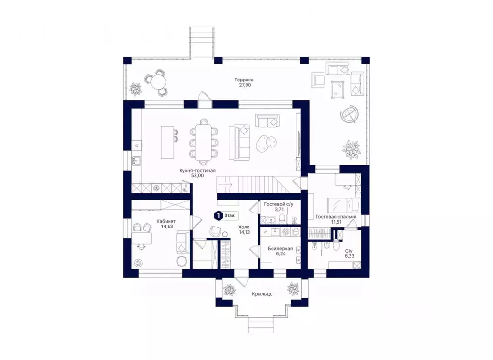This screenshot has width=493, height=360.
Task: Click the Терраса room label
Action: coord(244,80)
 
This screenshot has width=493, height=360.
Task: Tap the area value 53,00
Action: coord(197,176)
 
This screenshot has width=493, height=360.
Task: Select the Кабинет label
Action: coord(166,221)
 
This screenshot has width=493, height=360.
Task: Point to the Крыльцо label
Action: coord(262,294)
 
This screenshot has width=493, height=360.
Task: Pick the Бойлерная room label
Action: coord(280,249)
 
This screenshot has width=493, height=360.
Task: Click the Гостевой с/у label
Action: coord(279,204)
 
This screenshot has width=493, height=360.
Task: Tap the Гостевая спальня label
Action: coord(336,217)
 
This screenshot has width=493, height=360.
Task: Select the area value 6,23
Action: coord(350,256)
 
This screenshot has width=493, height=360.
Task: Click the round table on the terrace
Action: coord(158,83)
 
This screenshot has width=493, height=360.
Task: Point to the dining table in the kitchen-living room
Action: coord(204,140)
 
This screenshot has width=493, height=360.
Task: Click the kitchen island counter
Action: coord(167,142)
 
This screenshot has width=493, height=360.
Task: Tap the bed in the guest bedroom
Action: coord(343,205)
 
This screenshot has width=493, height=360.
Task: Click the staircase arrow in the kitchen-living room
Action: coord(226,185)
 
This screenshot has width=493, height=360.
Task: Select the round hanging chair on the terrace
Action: coord(349,115)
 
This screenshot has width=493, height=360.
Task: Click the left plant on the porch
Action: coord(230,290)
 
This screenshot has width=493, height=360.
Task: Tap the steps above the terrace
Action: coord(202,42)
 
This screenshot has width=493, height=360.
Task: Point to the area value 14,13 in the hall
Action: coord(244,232)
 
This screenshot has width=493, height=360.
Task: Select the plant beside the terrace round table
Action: coord(136,89)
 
